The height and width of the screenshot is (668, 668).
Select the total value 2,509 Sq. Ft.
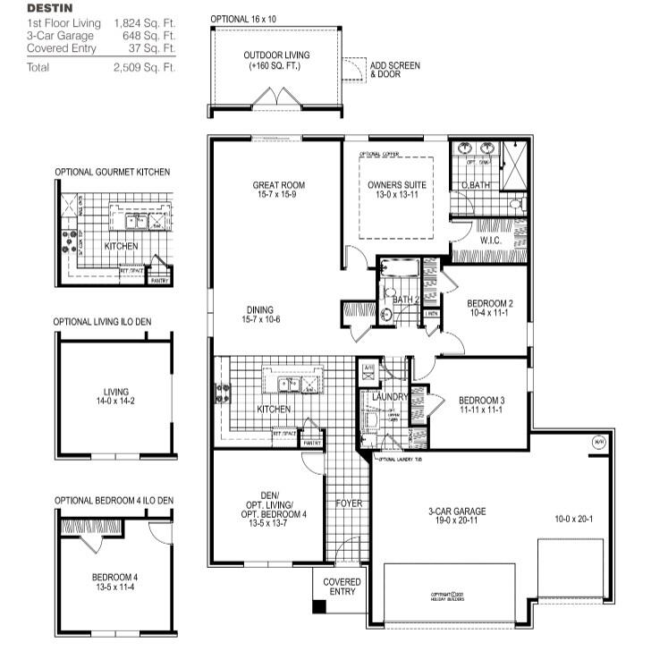(145, 67)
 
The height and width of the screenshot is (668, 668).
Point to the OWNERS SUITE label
(397, 185)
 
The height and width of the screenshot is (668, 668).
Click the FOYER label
(348, 503)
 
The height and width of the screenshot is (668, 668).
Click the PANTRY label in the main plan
(311, 443)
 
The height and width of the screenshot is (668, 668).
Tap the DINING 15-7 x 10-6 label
(261, 314)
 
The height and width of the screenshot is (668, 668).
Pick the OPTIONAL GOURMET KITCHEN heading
(112, 172)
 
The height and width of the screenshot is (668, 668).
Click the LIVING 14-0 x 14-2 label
(115, 396)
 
